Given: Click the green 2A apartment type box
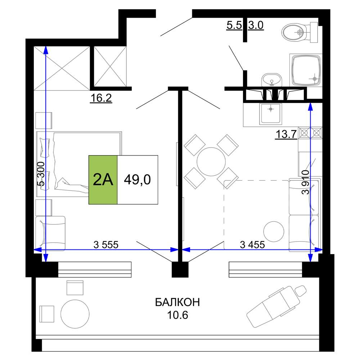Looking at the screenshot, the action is (103, 180).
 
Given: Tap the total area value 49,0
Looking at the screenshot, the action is (137, 180).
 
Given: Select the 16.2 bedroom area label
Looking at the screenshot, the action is (101, 98).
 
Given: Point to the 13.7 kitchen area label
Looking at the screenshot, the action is (286, 134).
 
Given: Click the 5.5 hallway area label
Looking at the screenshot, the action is (234, 25).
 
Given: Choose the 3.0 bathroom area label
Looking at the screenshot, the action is (256, 25).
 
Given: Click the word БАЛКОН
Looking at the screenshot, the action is (177, 302).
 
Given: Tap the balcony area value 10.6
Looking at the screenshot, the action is (177, 315).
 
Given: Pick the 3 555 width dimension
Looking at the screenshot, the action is (106, 244).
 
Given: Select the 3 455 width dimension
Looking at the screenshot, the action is (252, 244).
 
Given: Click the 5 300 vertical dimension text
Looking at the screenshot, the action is (41, 174).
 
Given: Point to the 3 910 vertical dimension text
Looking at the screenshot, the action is (306, 182).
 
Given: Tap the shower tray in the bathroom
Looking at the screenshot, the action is (306, 70).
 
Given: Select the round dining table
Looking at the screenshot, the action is (211, 162).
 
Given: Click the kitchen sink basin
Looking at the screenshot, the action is (271, 114).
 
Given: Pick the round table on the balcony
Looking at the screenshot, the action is (75, 314).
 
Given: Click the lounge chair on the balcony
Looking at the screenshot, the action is (276, 306).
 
